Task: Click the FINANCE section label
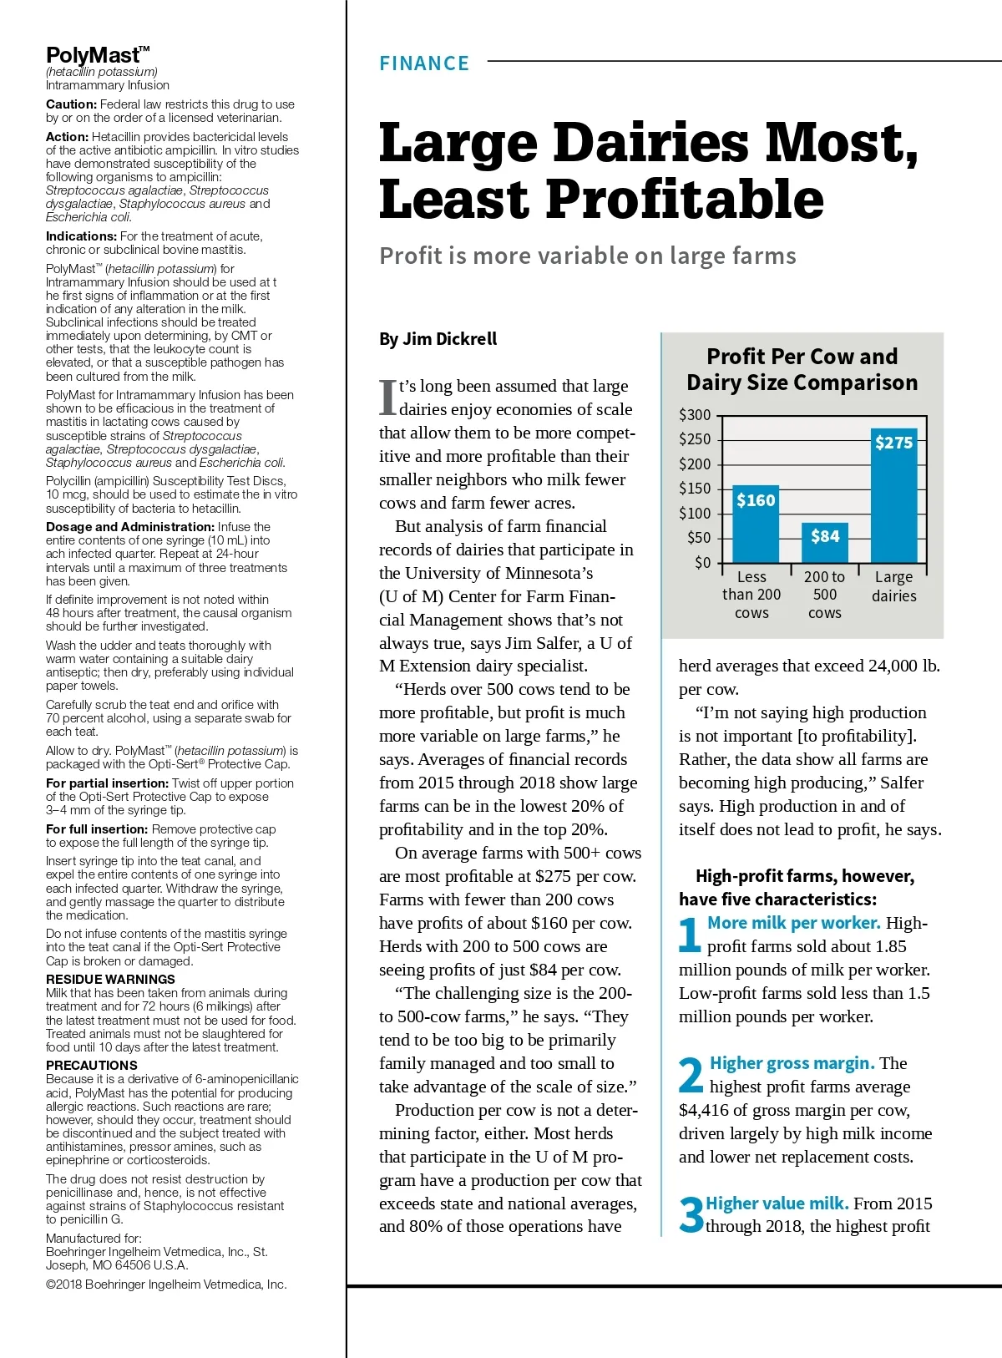pos(424,63)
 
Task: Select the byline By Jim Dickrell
pos(438,338)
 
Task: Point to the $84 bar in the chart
pos(825,542)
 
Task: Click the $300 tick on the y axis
pos(695,414)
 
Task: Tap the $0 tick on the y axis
pos(702,562)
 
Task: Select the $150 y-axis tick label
pos(695,488)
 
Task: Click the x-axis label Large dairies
pos(893,586)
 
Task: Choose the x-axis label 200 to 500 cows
pos(824,595)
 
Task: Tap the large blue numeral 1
pos(690,935)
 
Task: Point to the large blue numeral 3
pos(691,1214)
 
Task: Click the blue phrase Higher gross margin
pos(792,1063)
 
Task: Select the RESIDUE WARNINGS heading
pos(110,979)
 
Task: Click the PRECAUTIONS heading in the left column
pos(92,1065)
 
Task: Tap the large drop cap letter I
pos(387,398)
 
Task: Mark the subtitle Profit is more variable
pos(587,256)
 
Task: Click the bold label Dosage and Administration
pos(130,527)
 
